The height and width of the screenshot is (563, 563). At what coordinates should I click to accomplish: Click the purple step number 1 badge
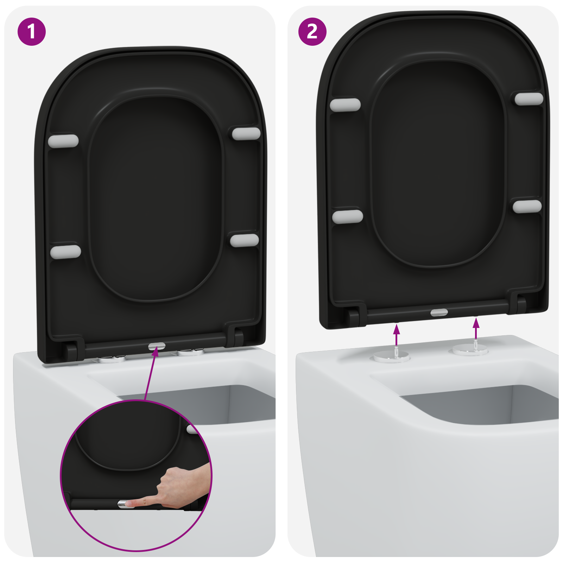tap(32, 32)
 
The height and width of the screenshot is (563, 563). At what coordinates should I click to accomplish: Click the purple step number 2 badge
tap(312, 32)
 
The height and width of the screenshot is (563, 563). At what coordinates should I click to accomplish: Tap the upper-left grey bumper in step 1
tap(63, 141)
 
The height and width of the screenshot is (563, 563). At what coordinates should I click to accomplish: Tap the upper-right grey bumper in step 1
tap(246, 134)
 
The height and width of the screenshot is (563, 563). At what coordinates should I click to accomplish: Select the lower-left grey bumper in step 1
tap(65, 252)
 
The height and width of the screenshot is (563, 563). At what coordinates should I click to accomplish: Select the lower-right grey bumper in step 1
tap(245, 240)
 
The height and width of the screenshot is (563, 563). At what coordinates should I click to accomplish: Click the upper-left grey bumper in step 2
tap(345, 105)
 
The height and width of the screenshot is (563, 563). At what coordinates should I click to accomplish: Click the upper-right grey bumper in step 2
tap(529, 99)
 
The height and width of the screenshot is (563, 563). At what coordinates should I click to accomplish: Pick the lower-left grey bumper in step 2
tap(348, 217)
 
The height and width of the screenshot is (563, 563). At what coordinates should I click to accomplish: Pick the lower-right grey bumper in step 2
tap(527, 206)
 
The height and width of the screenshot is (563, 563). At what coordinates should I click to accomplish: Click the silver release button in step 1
tap(157, 347)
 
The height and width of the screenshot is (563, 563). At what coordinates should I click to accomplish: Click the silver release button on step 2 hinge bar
tap(439, 312)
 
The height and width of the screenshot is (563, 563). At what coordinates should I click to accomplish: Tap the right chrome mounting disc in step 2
tap(470, 350)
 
